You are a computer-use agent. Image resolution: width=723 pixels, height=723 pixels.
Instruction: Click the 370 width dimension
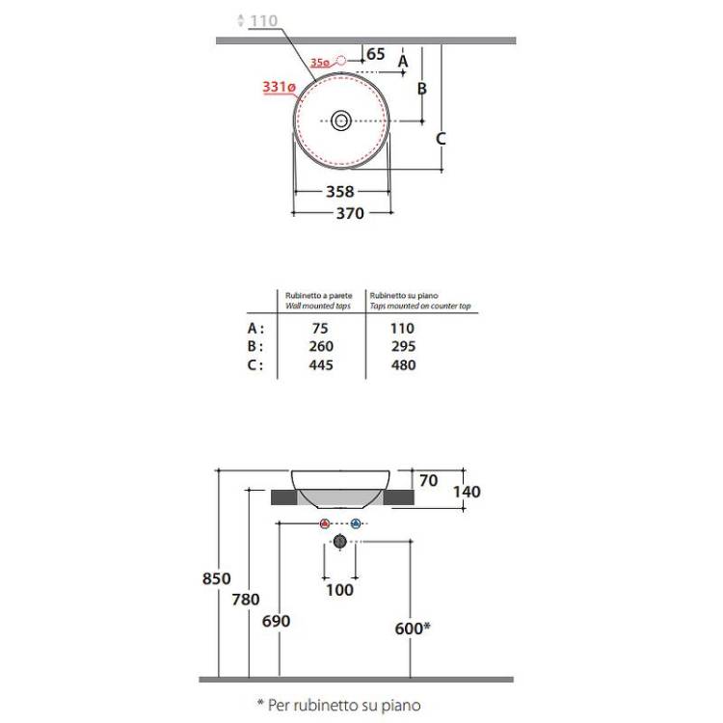point(350,213)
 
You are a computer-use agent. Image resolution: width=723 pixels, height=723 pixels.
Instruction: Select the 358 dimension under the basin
point(340,192)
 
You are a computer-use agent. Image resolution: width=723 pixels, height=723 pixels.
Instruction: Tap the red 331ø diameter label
point(279,87)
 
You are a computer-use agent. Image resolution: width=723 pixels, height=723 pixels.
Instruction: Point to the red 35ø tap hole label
point(320,63)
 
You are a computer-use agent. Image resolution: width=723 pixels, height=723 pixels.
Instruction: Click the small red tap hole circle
point(341,60)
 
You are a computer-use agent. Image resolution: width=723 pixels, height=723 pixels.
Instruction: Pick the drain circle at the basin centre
point(341,120)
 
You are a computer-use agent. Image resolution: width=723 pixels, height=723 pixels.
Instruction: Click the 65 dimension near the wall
point(375,54)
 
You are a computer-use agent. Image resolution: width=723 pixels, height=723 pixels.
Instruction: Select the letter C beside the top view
point(441,138)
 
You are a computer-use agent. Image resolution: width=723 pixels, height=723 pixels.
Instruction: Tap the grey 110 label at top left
point(263,21)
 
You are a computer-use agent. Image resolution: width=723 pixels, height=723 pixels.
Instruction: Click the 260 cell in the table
point(321,346)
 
